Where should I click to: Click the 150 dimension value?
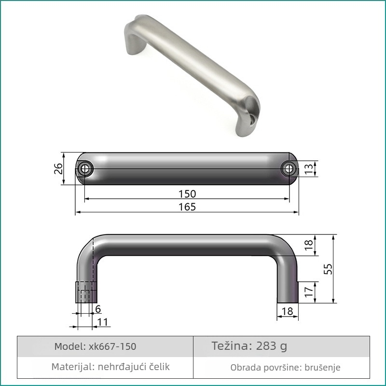click(187, 194)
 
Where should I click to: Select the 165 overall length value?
click(187, 207)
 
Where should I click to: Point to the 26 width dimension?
click(58, 168)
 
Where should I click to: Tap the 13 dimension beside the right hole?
click(309, 169)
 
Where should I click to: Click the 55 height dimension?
click(328, 269)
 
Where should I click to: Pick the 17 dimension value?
click(309, 292)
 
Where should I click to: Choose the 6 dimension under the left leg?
click(98, 309)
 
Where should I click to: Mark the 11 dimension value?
click(103, 322)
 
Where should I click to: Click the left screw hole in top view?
click(85, 169)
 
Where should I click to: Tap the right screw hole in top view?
click(289, 169)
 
